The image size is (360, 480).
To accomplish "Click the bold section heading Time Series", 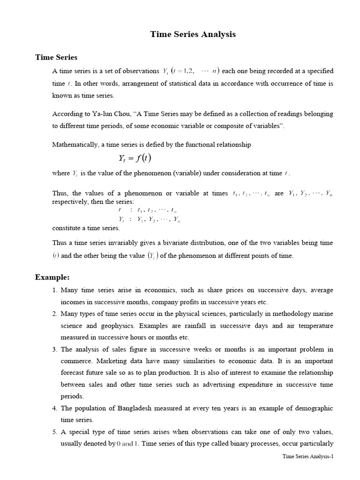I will [x=56, y=57].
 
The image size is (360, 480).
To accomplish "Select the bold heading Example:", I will [x=52, y=277].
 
